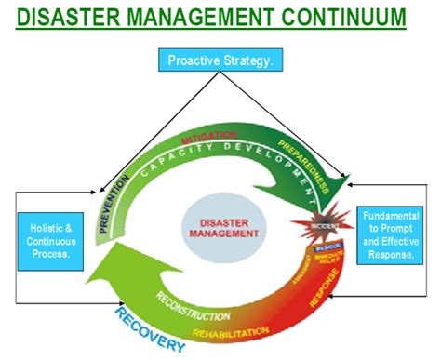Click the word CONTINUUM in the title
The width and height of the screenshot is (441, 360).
pos(341,18)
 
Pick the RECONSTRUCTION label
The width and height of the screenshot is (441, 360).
pos(190,306)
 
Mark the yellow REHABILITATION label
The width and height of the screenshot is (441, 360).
pos(231,330)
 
